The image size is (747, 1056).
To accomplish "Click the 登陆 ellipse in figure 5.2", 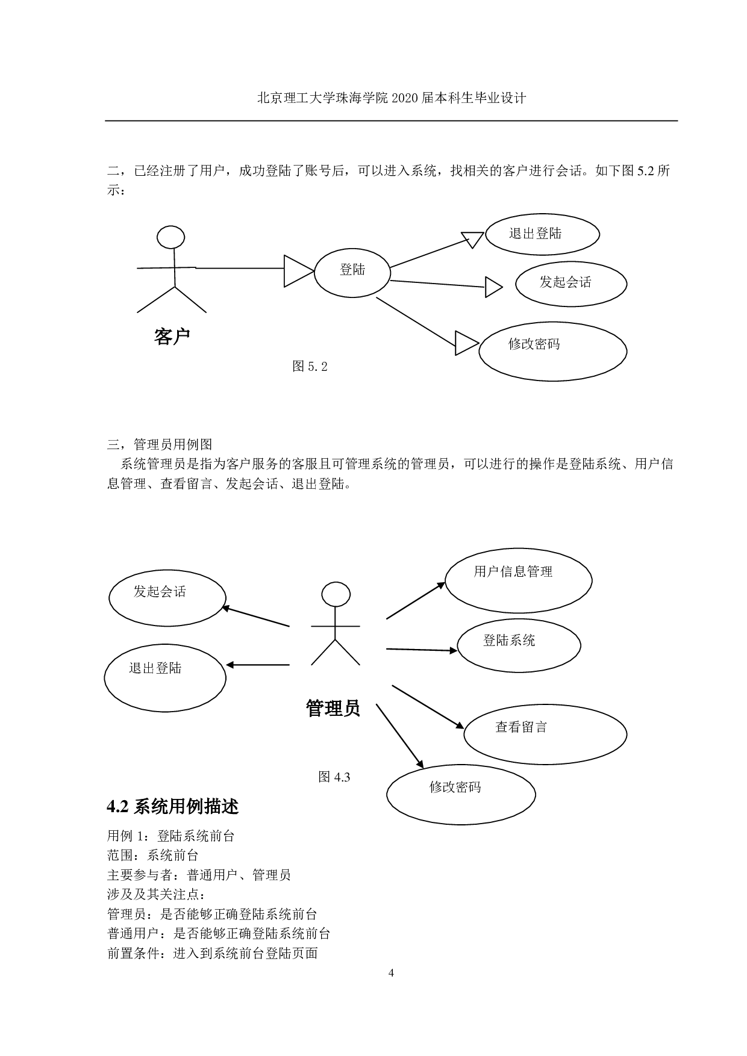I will tap(352, 272).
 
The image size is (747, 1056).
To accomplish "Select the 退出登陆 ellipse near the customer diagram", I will tap(542, 234).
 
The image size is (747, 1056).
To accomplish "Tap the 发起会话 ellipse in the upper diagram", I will tap(570, 283).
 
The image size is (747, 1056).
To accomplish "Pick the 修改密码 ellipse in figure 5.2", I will tap(552, 350).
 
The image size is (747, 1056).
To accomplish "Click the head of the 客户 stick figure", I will tap(170, 237).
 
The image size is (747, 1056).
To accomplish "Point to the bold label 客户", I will tap(172, 336).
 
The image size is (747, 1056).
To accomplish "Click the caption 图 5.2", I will tap(310, 366).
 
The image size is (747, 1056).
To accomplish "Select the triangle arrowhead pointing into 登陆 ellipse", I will tap(298, 271).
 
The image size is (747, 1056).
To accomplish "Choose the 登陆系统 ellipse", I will tap(519, 645).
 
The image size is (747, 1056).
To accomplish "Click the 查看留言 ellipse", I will tap(545, 734).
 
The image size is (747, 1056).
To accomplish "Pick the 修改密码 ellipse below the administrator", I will tap(461, 794).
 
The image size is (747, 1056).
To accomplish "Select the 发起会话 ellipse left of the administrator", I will tap(167, 598).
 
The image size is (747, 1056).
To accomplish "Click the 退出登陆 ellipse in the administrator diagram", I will tap(165, 677).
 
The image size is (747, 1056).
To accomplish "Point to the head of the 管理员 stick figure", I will tap(336, 594).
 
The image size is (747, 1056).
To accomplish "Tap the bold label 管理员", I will tap(333, 708).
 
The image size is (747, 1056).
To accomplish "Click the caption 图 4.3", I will tap(334, 777).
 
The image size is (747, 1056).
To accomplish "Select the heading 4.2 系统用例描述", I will tap(172, 807).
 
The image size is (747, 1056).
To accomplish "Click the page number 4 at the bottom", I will tap(391, 973).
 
